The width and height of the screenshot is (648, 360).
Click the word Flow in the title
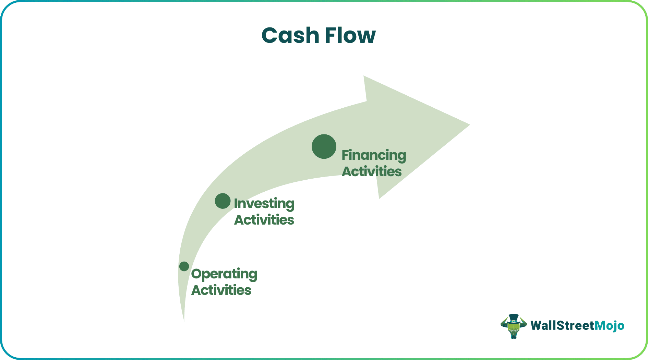tap(350, 35)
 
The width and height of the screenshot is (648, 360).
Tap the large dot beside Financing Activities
tap(324, 146)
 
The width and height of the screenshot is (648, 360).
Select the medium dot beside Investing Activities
tap(223, 201)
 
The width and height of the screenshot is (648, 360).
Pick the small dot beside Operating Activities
tap(184, 266)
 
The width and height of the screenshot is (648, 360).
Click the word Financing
tap(374, 155)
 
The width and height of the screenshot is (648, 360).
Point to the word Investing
tap(264, 204)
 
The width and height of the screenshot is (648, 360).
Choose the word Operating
tap(224, 274)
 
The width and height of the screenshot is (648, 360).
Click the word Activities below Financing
tap(372, 171)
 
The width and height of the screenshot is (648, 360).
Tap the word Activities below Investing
tap(264, 220)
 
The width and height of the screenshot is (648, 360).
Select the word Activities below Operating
tap(221, 290)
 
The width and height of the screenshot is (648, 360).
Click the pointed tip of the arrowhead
tap(468, 125)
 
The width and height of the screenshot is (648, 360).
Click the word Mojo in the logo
tap(609, 325)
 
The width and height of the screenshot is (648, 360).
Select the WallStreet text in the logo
tap(562, 325)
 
